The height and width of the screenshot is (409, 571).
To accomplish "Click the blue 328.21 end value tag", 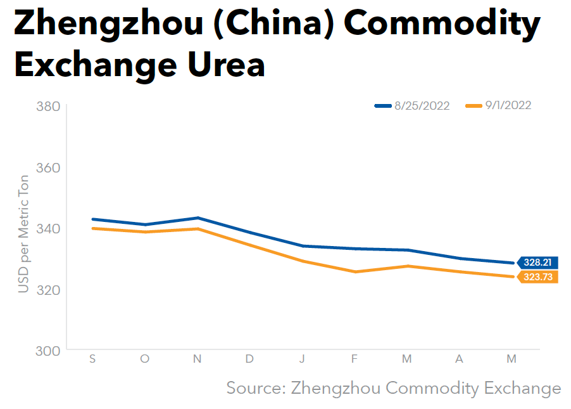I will [537, 263].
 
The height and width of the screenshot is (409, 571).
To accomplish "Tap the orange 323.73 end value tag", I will [537, 277].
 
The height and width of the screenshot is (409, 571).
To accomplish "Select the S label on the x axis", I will [92, 359].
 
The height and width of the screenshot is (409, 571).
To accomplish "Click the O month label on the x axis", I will [145, 359].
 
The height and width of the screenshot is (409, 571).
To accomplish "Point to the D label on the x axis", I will [249, 359].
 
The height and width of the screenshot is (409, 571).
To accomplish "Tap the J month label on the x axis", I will [302, 359].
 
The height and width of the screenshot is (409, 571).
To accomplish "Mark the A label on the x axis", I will [459, 359].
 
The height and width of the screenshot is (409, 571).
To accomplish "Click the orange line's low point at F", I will [355, 271].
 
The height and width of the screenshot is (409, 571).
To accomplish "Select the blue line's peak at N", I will [198, 217].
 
